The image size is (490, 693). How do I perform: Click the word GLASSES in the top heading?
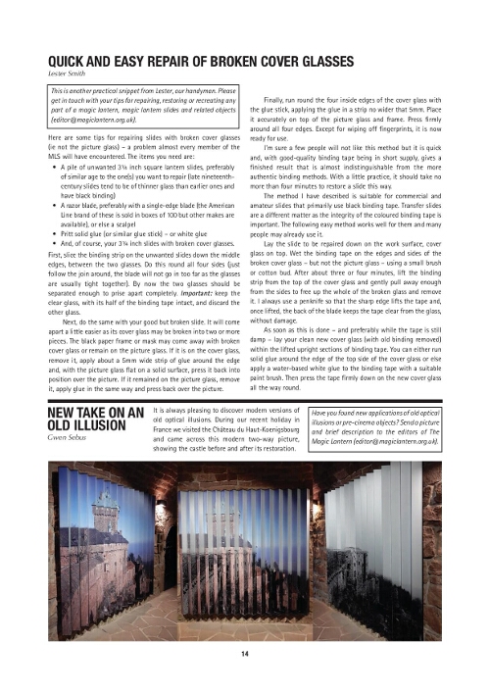click(305, 61)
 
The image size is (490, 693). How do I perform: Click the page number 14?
click(245, 653)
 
